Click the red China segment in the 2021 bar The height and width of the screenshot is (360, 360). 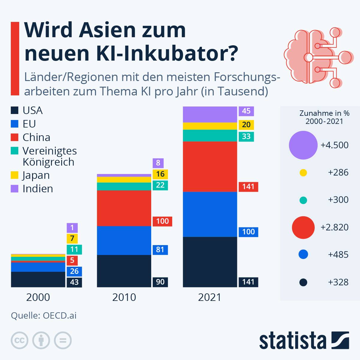coord(210,166)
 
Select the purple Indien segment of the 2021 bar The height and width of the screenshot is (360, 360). coord(210,114)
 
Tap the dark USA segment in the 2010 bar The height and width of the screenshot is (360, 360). coord(124,271)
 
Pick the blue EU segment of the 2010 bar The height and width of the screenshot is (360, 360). coord(124,240)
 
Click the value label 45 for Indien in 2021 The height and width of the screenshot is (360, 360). coord(246,111)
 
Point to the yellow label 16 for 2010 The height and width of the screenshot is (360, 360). coord(160,174)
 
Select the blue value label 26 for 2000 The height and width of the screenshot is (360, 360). coord(74,271)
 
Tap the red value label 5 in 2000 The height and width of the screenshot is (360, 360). coord(72,260)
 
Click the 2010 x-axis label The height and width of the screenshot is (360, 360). coord(124,297)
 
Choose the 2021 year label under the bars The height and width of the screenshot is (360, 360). coord(210,297)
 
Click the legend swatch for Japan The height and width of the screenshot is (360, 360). coord(15,175)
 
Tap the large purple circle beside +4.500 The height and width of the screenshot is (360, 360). coord(303,145)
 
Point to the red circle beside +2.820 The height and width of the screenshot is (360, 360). coord(303,227)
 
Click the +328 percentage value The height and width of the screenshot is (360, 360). coord(338,282)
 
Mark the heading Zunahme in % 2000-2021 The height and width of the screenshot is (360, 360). coord(324,117)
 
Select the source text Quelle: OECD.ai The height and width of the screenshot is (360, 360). coord(44,316)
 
